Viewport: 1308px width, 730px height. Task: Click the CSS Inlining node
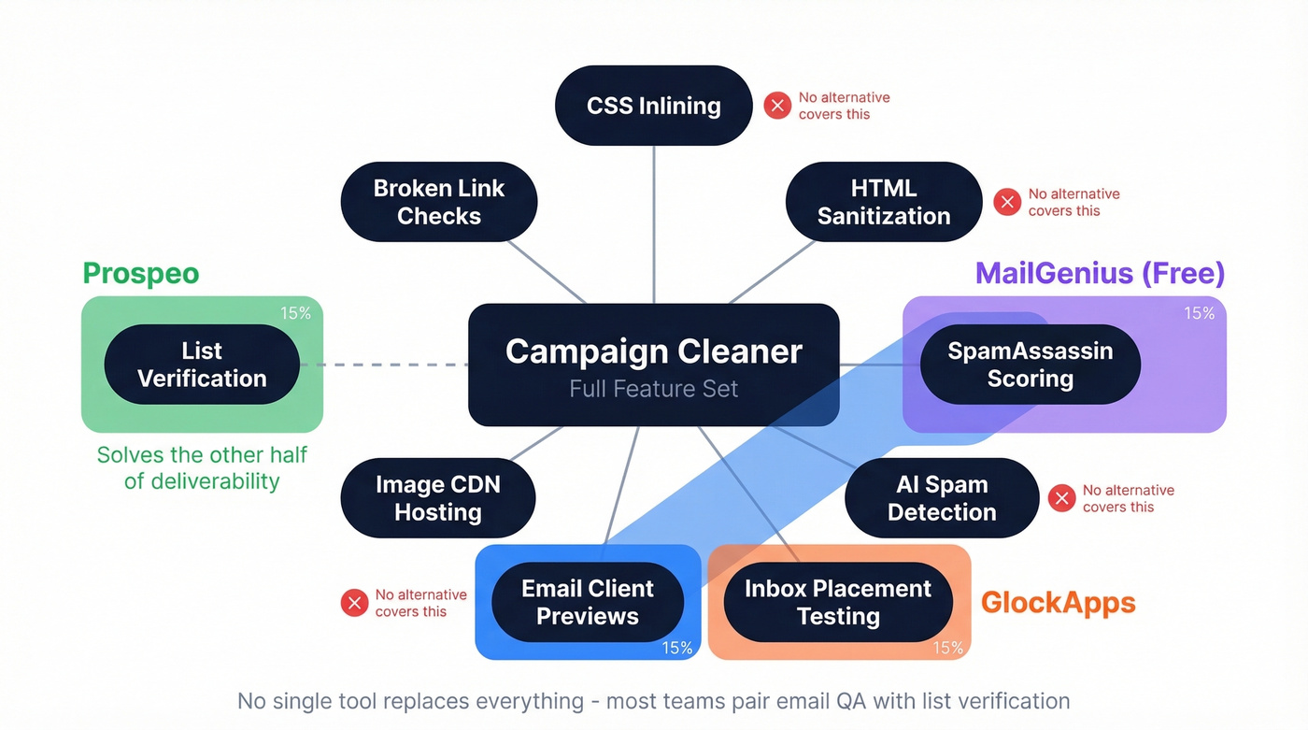[653, 106]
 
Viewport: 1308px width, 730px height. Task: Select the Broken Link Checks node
[438, 202]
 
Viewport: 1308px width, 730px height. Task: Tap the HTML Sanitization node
[883, 202]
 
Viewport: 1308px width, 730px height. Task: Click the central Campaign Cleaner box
[653, 365]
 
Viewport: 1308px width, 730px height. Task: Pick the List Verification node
[202, 365]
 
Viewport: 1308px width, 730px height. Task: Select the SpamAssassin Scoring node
[1030, 365]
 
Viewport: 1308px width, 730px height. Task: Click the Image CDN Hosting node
[437, 498]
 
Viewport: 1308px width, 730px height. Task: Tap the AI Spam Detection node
[941, 498]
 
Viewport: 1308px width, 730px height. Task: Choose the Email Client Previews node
[587, 602]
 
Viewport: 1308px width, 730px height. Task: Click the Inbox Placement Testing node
[837, 602]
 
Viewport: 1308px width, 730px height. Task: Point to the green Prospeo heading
[141, 273]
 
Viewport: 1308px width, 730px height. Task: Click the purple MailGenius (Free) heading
[1100, 273]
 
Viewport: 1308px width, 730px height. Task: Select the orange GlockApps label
[1058, 603]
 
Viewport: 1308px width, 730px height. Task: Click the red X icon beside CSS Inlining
[777, 106]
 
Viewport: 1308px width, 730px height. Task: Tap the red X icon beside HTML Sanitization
[1007, 202]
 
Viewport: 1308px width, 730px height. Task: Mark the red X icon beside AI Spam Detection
[1061, 498]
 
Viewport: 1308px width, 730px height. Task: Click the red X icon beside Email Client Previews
[354, 603]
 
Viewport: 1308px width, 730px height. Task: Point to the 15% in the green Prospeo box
[295, 313]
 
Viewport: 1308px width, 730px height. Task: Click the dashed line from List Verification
[383, 365]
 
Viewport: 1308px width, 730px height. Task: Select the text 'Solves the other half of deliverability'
[202, 468]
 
